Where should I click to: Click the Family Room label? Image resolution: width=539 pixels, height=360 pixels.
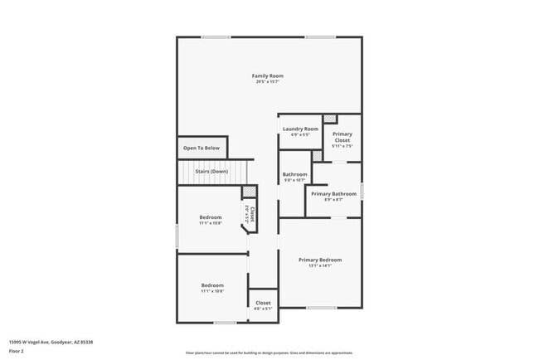(x=268, y=75)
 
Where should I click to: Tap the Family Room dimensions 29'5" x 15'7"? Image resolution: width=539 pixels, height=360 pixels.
(x=268, y=81)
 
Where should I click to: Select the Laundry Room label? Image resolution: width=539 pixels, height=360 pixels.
(x=300, y=129)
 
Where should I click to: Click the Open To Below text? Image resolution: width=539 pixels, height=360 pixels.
(x=202, y=148)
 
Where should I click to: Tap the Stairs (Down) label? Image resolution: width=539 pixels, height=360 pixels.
(x=211, y=172)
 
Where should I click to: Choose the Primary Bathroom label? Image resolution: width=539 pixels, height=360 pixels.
(x=333, y=194)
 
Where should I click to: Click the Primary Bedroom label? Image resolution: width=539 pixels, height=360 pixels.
(x=320, y=260)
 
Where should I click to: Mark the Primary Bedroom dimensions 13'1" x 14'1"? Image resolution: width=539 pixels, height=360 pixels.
(x=320, y=265)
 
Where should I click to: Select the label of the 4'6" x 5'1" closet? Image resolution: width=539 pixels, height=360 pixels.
(x=263, y=309)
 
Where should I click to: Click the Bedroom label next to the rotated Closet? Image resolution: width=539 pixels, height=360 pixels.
(x=211, y=217)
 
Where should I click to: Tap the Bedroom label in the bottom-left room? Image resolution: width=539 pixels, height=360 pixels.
(x=212, y=285)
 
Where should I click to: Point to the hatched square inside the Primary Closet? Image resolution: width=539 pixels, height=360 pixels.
(x=330, y=119)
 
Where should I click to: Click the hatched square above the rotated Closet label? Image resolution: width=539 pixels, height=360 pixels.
(x=247, y=192)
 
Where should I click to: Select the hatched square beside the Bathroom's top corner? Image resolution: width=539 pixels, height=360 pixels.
(x=317, y=156)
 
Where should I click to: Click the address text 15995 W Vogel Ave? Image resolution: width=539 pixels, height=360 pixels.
(x=51, y=342)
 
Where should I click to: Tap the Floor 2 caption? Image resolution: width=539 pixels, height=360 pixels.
(x=17, y=351)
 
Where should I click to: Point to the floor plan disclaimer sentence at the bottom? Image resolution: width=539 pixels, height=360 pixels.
(x=269, y=353)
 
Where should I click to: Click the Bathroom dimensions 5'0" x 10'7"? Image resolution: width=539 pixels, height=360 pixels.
(x=294, y=180)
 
